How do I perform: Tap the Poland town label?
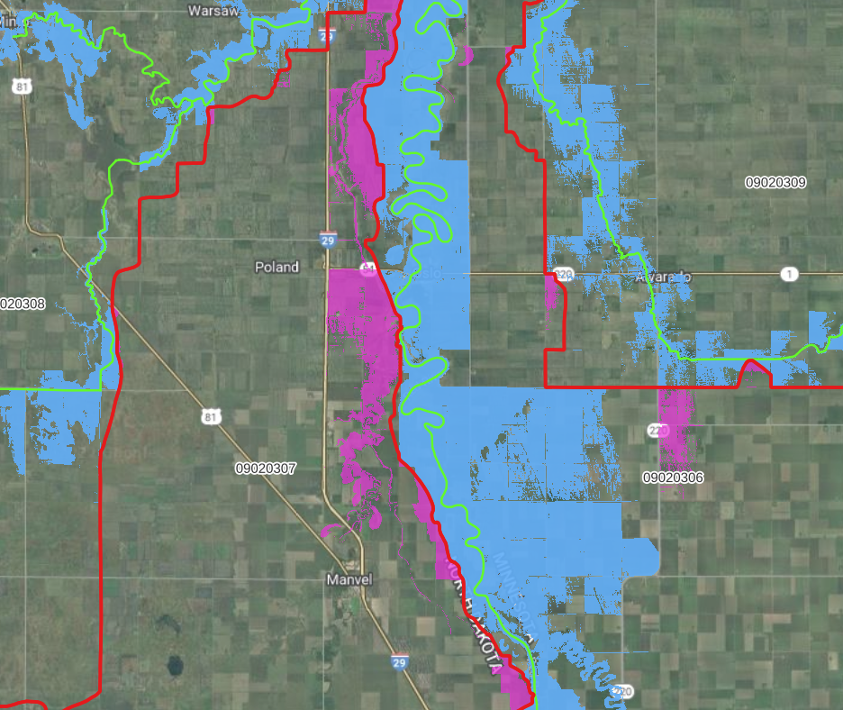pyautogui.click(x=276, y=268)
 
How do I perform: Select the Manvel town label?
pyautogui.click(x=349, y=580)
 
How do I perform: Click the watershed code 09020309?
pyautogui.click(x=775, y=182)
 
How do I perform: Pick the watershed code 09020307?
pyautogui.click(x=266, y=469)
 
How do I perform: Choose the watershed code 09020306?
pyautogui.click(x=673, y=477)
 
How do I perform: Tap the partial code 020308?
pyautogui.click(x=22, y=304)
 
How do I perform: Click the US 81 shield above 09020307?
pyautogui.click(x=210, y=416)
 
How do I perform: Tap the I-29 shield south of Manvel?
pyautogui.click(x=399, y=662)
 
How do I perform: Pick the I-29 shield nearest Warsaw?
pyautogui.click(x=326, y=36)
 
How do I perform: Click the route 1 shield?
pyautogui.click(x=789, y=274)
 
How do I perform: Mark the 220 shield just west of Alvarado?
pyautogui.click(x=565, y=274)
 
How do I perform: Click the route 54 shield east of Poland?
pyautogui.click(x=367, y=269)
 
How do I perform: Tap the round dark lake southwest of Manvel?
pyautogui.click(x=174, y=667)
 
